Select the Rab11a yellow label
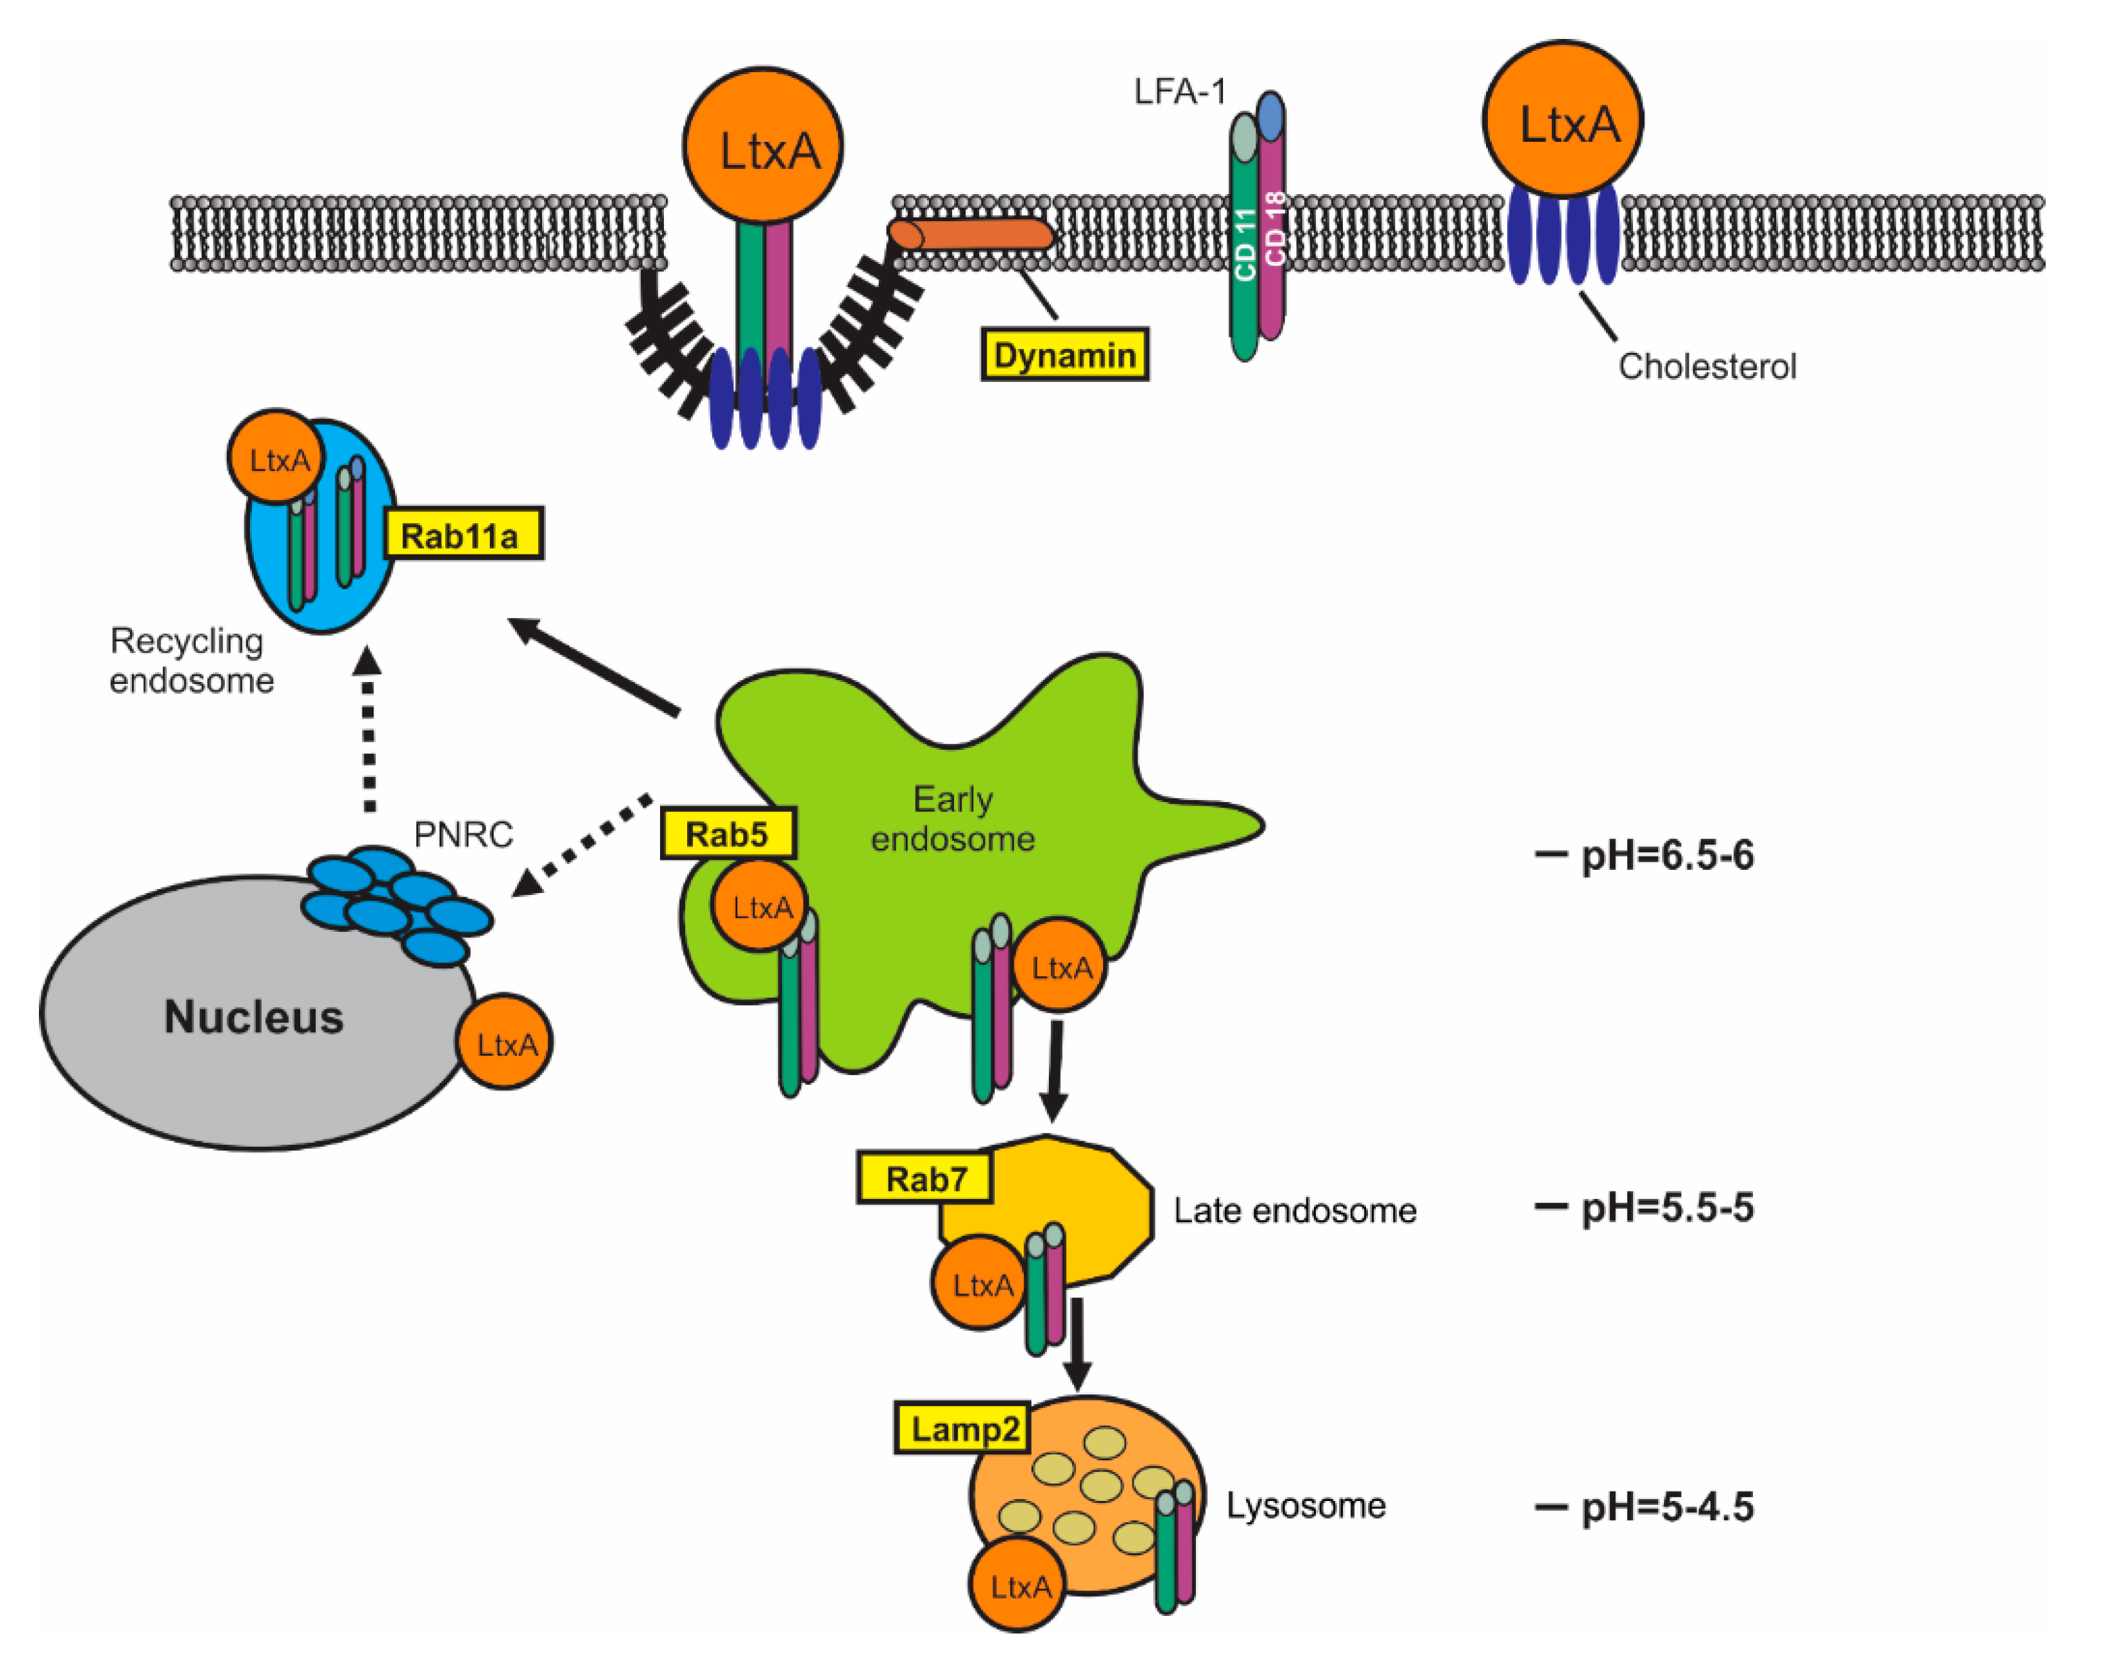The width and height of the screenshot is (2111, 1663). tap(462, 534)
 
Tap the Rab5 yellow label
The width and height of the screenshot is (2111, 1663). tap(727, 833)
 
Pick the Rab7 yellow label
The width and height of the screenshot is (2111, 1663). tap(925, 1179)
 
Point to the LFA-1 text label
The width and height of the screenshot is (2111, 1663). tap(1179, 92)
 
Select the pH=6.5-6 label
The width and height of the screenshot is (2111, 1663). tap(1666, 855)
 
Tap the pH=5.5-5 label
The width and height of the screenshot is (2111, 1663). tap(1666, 1207)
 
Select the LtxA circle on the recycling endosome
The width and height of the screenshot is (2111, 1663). tap(278, 458)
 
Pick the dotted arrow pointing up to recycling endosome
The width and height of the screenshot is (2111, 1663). tap(368, 730)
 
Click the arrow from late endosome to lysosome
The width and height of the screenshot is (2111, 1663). tap(1077, 1343)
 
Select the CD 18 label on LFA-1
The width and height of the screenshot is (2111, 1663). tap(1274, 229)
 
